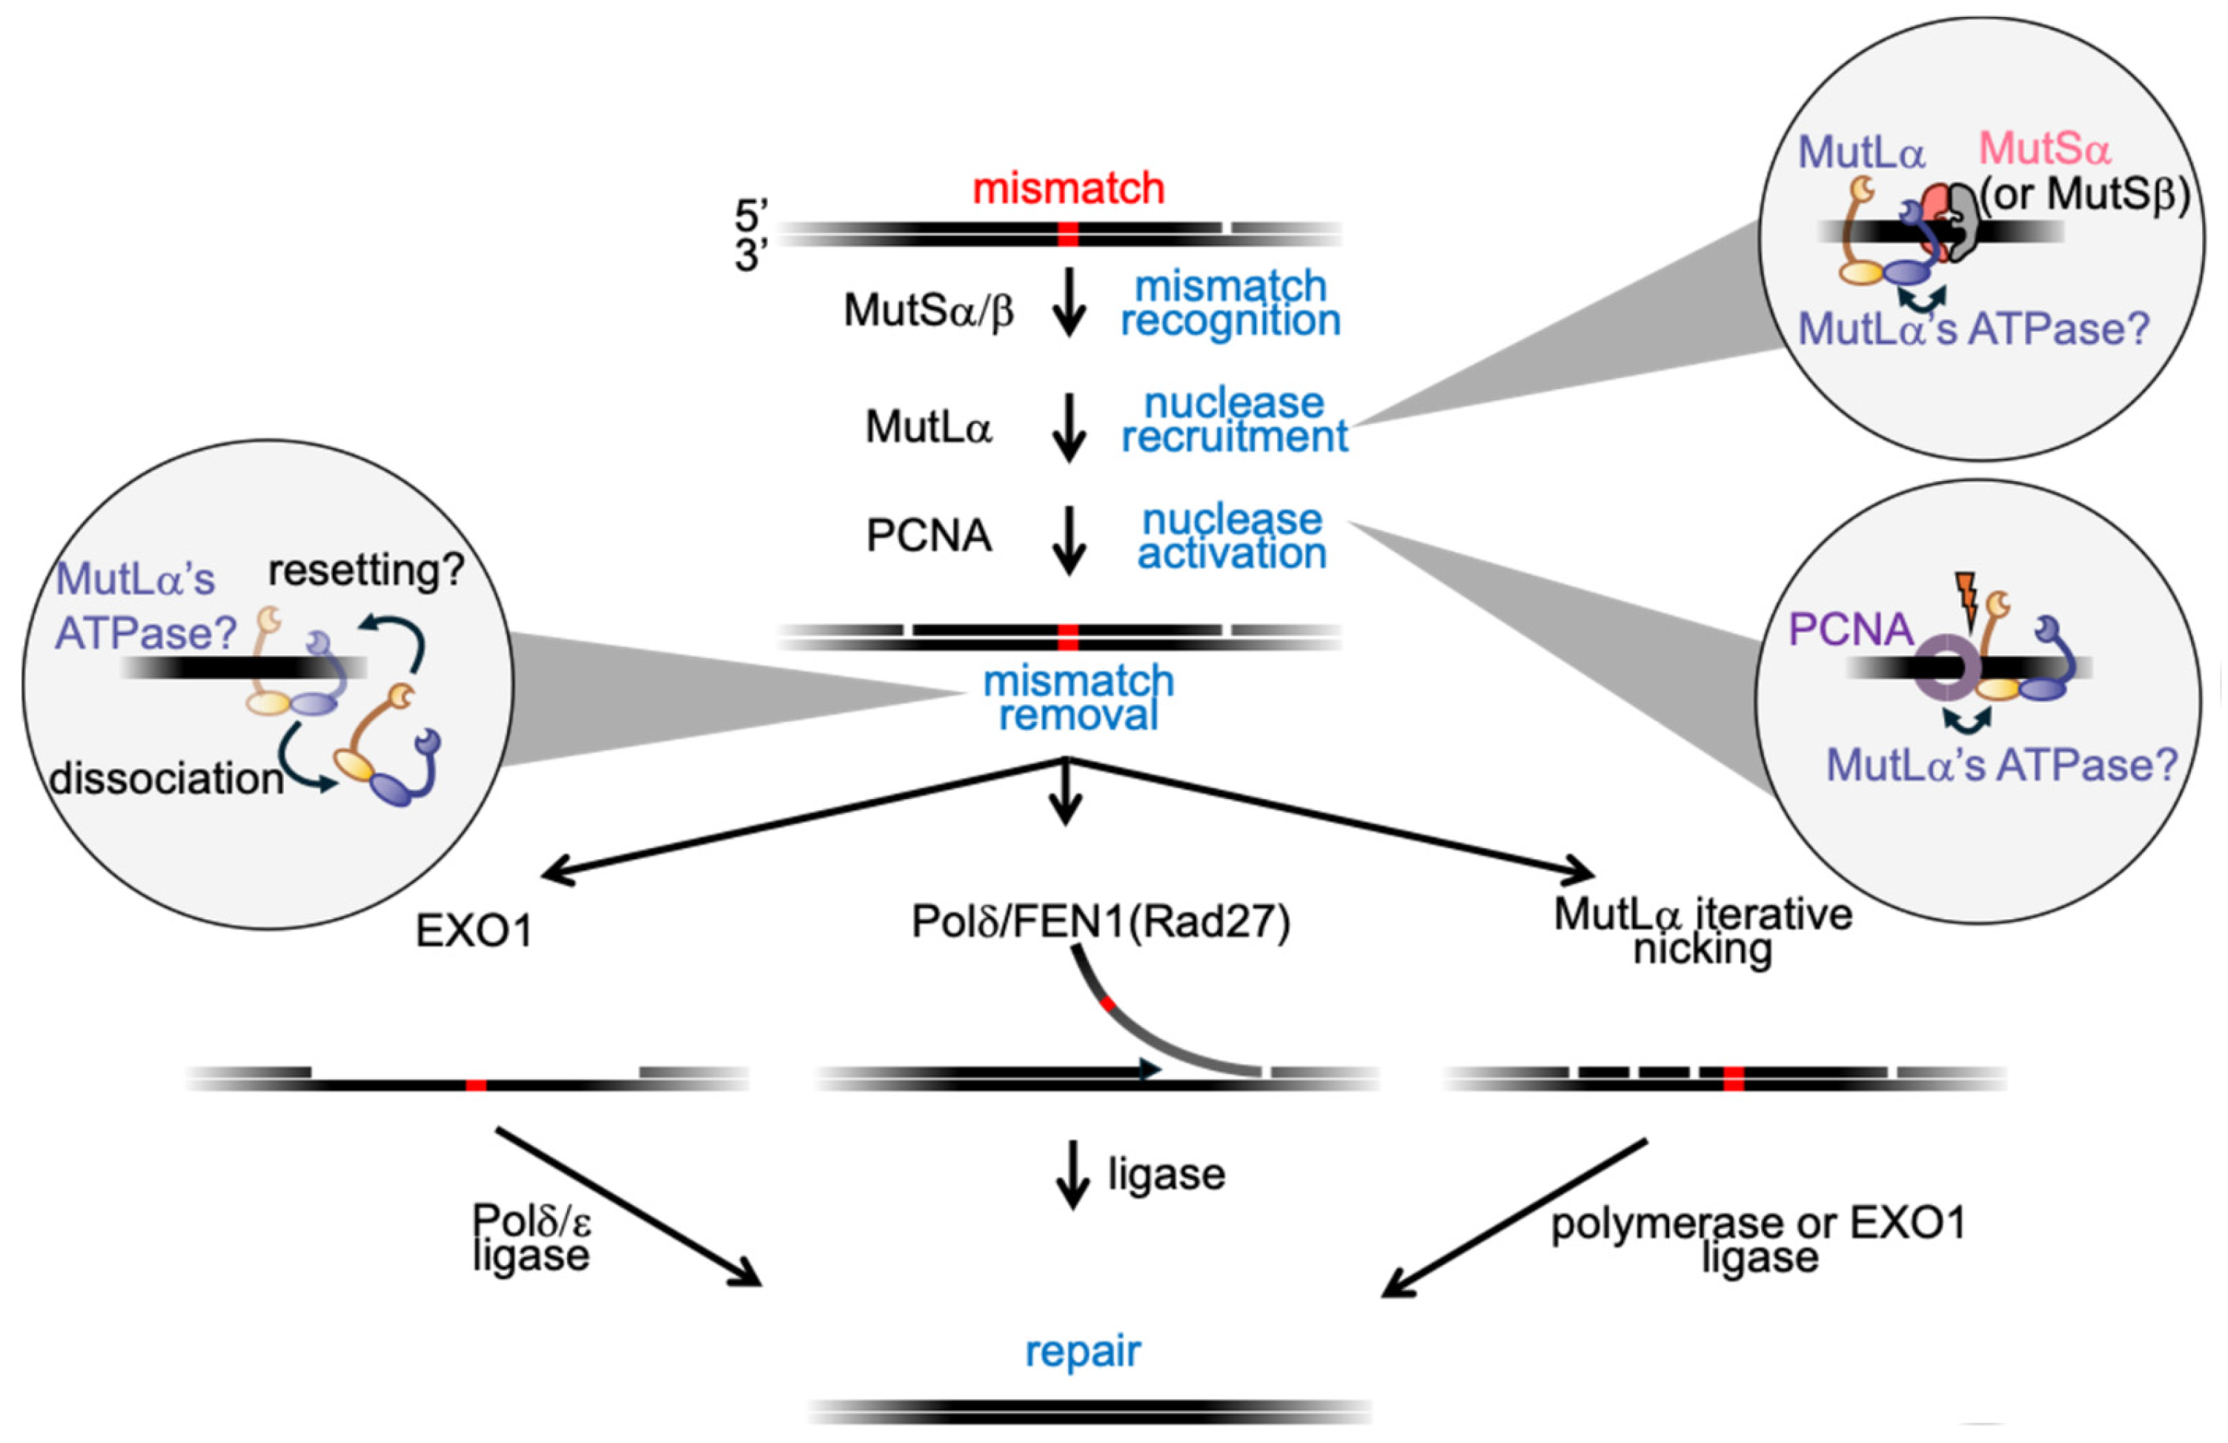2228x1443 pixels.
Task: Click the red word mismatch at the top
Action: [1068, 189]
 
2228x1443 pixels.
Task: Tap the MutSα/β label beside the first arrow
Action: [928, 310]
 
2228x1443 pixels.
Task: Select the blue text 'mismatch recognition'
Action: [1231, 303]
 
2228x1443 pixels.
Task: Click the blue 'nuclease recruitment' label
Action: [1234, 420]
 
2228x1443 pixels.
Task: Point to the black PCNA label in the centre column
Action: [928, 536]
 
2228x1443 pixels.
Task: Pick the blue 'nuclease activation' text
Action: [1232, 536]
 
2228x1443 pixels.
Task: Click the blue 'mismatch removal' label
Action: [1078, 698]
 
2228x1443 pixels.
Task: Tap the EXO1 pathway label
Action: [474, 931]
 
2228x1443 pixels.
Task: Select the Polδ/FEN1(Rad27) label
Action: [1101, 922]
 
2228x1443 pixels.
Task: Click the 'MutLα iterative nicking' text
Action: [1703, 931]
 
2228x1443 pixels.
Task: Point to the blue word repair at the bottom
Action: [1083, 1351]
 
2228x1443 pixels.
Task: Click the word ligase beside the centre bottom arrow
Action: [1167, 1175]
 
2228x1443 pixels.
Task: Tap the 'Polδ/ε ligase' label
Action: [531, 1237]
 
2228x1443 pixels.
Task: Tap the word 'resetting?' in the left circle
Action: [366, 570]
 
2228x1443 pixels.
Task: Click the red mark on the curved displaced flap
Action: [1107, 1004]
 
